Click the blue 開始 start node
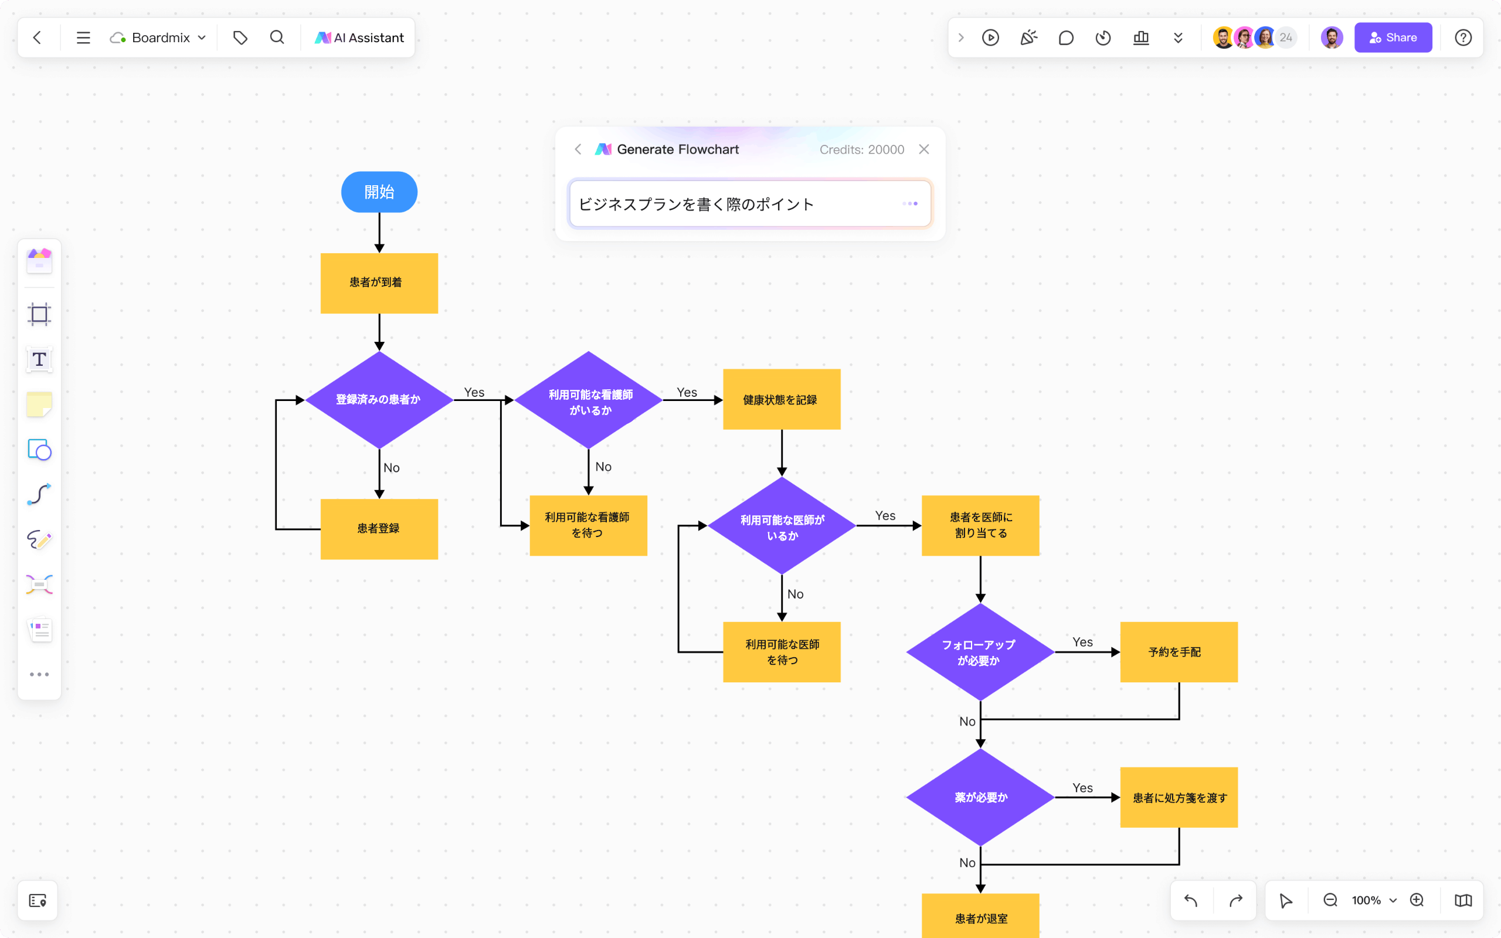pyautogui.click(x=379, y=192)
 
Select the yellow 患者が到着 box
pyautogui.click(x=379, y=283)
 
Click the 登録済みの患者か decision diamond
pyautogui.click(x=379, y=399)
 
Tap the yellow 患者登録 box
pyautogui.click(x=379, y=529)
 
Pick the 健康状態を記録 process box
pyautogui.click(x=782, y=399)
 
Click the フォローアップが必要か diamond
pyautogui.click(x=980, y=652)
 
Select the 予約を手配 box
pyautogui.click(x=1179, y=652)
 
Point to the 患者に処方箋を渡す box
pyautogui.click(x=1179, y=797)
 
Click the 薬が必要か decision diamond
pyautogui.click(x=980, y=797)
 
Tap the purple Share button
pyautogui.click(x=1393, y=38)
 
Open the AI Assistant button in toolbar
pyautogui.click(x=360, y=38)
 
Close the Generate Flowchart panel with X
pyautogui.click(x=923, y=149)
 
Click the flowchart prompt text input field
pyautogui.click(x=732, y=204)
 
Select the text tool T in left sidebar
pyautogui.click(x=39, y=359)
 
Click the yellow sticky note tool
pyautogui.click(x=39, y=405)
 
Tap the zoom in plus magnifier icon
pyautogui.click(x=1417, y=900)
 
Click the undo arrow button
pyautogui.click(x=1190, y=900)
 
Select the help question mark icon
pyautogui.click(x=1462, y=38)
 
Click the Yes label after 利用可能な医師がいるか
pyautogui.click(x=885, y=515)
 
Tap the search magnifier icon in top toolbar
pyautogui.click(x=277, y=38)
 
